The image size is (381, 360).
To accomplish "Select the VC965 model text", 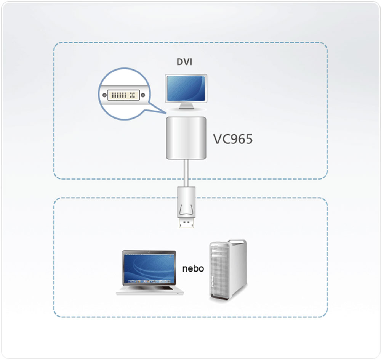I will point(232,139).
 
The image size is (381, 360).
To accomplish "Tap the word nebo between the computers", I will point(193,268).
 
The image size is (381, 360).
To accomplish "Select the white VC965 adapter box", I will point(186,138).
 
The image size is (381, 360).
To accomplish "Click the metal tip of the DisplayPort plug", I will point(186,223).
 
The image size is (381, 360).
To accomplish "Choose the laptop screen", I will point(149,268).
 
